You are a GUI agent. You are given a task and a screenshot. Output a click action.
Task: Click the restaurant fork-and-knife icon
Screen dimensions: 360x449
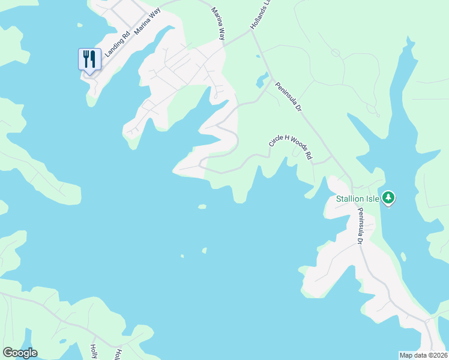[x=89, y=59]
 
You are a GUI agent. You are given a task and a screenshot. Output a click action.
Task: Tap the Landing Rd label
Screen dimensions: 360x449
[x=117, y=44]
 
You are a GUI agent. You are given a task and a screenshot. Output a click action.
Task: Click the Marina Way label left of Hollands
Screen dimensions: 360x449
[x=218, y=24]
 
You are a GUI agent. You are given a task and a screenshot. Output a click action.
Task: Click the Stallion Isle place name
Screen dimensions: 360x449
[x=357, y=199]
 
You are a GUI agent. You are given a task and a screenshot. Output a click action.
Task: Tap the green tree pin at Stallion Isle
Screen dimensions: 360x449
[x=388, y=197]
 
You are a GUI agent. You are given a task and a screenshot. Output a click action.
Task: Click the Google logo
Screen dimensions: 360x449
[x=20, y=353]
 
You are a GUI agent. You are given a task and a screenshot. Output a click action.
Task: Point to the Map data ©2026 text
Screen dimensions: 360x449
[x=424, y=355]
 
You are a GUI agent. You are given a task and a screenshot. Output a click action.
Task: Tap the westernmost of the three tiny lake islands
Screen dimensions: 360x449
[x=182, y=256]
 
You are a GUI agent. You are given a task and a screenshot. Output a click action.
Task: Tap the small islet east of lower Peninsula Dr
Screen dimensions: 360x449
[x=403, y=257]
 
